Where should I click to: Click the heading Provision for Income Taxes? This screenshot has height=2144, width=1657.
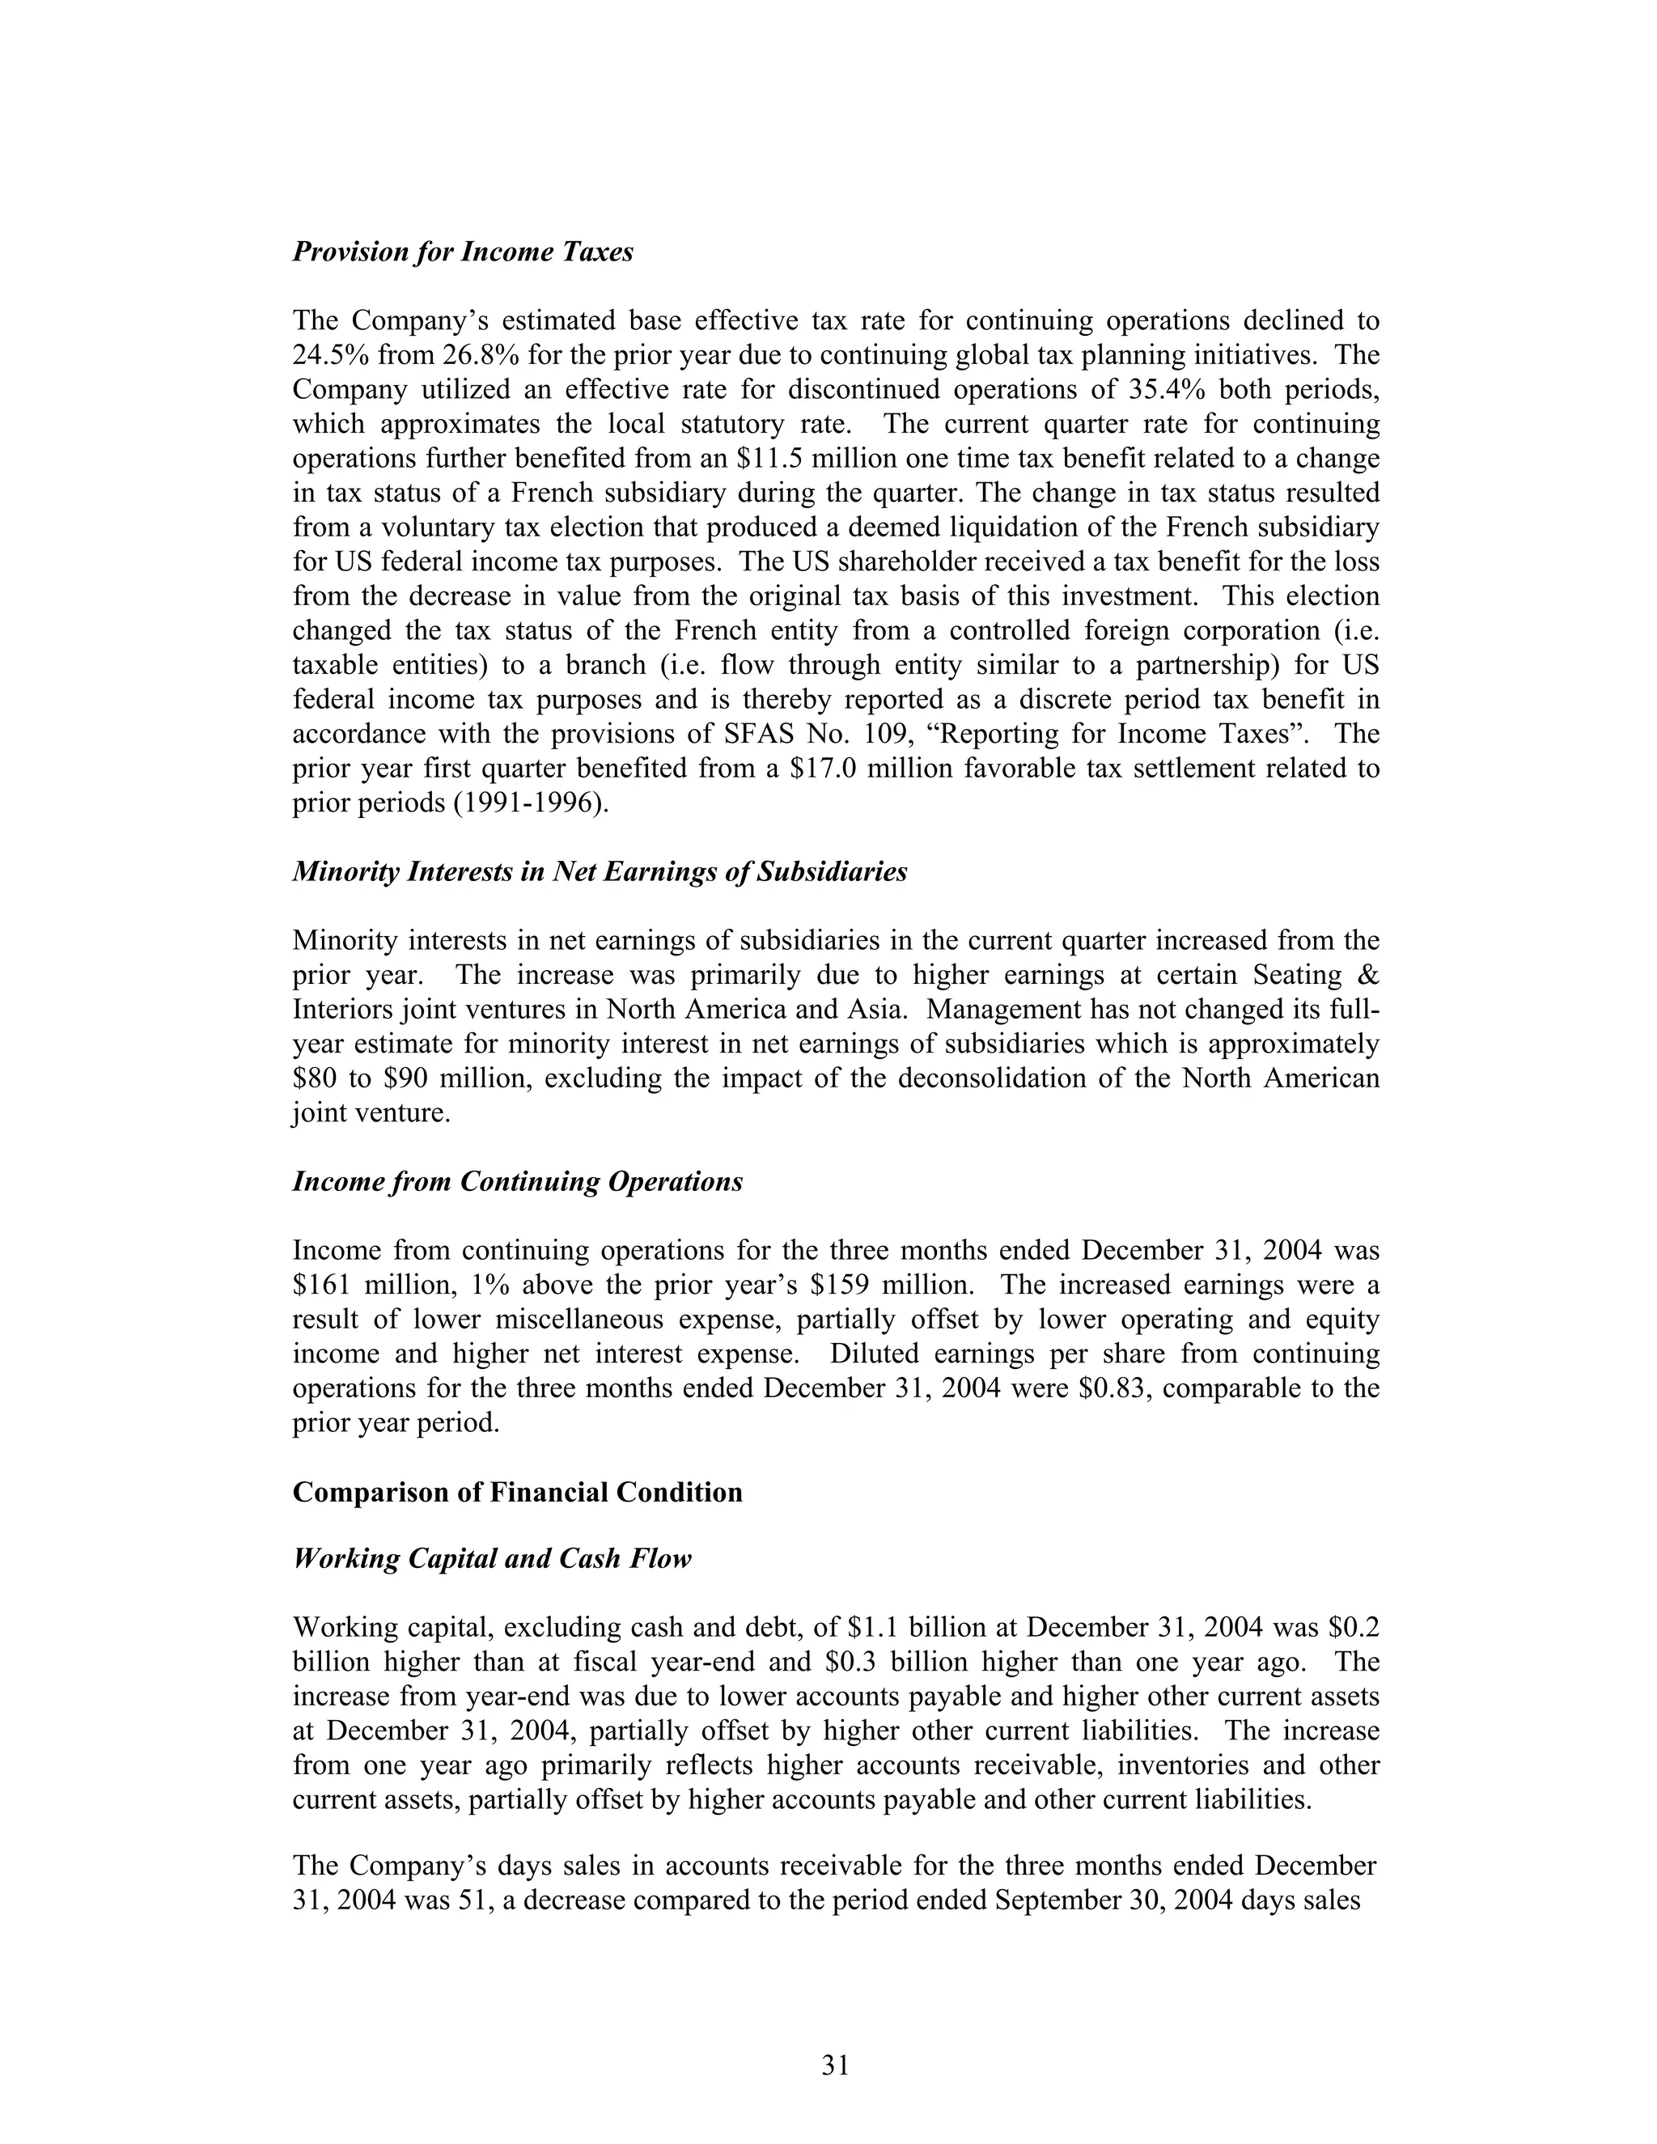[462, 252]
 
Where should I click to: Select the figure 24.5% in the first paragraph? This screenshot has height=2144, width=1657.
[327, 355]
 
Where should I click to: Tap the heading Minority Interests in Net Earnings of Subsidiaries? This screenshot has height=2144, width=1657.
[600, 871]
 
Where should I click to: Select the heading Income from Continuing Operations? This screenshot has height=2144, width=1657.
[517, 1181]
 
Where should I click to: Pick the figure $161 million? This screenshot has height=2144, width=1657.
[360, 1285]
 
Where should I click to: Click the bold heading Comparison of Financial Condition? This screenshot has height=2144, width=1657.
[517, 1492]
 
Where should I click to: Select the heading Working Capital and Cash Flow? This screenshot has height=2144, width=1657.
[492, 1559]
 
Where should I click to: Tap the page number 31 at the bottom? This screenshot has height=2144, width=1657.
[835, 2066]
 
